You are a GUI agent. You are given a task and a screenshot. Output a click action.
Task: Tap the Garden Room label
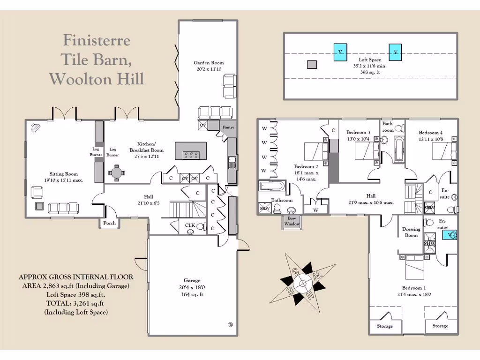(x=209, y=63)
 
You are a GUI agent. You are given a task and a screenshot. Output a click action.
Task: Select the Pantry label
(x=228, y=127)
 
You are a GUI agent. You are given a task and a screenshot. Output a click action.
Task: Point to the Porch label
(x=109, y=223)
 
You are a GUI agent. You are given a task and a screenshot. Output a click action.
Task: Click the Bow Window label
(x=291, y=221)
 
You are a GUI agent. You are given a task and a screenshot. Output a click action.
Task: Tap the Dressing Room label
(x=411, y=232)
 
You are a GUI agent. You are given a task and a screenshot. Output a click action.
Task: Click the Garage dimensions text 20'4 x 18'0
(x=192, y=288)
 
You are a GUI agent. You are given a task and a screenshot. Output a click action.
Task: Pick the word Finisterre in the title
(x=97, y=40)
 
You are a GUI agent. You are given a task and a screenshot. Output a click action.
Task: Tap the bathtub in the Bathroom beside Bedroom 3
(x=399, y=150)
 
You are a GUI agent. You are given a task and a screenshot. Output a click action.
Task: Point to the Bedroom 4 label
(x=430, y=133)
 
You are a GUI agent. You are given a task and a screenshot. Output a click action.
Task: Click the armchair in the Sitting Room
(x=37, y=192)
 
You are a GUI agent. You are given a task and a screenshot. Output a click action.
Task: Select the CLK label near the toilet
(x=190, y=225)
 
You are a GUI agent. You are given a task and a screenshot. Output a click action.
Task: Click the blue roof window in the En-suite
(x=450, y=234)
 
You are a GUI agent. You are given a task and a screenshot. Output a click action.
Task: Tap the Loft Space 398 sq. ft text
(x=370, y=72)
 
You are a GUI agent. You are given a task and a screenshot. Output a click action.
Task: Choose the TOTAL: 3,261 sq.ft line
(x=75, y=303)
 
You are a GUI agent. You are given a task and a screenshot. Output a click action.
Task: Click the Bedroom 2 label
(x=306, y=166)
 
